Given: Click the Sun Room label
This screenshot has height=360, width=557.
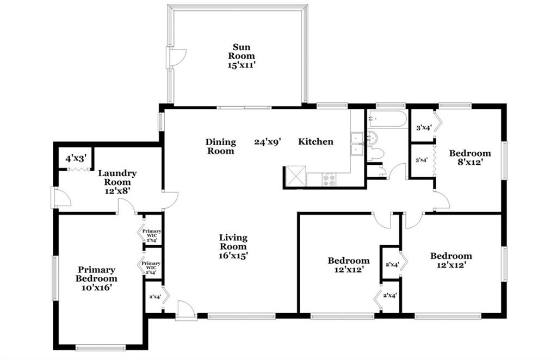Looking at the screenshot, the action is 242,56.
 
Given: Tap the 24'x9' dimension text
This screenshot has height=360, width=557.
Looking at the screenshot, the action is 268,142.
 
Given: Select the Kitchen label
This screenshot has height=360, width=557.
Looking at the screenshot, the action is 315,141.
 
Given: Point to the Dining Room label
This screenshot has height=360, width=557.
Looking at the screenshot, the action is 221,146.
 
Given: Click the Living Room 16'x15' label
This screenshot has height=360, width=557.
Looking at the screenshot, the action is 233,246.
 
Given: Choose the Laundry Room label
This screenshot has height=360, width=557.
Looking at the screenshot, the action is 117,182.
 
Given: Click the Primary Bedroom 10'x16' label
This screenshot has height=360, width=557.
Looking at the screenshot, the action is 96,278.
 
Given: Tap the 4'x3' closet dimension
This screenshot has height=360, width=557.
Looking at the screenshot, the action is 76,158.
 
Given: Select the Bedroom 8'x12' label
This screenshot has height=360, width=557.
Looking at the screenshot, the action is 469,157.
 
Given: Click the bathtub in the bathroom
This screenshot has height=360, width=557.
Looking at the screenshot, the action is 387,119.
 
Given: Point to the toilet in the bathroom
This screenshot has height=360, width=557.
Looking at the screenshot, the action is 375,153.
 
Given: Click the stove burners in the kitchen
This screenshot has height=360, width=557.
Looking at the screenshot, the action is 329,179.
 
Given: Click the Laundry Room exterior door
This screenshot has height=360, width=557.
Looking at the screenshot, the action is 61,197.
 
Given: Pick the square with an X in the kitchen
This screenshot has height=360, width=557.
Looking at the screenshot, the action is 296,176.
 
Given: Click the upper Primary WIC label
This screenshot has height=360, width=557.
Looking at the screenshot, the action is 152,235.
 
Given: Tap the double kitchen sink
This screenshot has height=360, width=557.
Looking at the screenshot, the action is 357,144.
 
